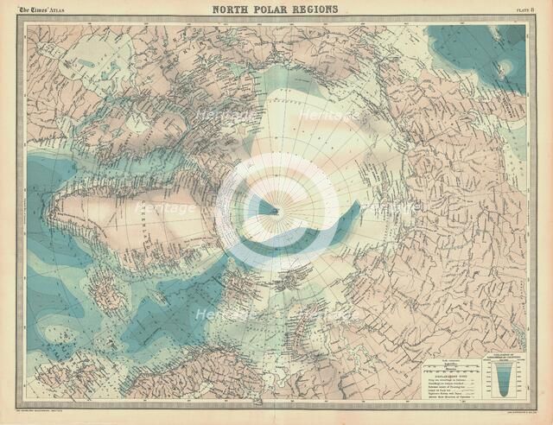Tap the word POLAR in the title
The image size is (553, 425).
[276, 10]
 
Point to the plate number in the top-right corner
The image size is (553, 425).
[518, 11]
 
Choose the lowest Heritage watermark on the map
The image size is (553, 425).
[220, 315]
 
